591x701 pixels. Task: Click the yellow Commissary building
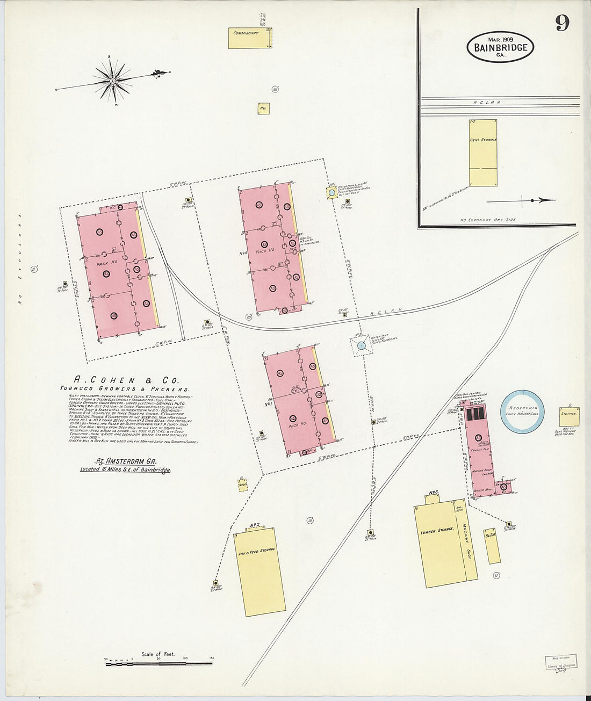[250, 38]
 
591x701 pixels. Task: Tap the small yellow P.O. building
[263, 109]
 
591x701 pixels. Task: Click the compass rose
[113, 81]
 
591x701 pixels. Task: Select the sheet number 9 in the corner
[563, 23]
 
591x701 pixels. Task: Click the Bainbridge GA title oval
[500, 47]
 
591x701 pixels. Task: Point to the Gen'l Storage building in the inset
[482, 152]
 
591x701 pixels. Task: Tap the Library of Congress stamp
[559, 663]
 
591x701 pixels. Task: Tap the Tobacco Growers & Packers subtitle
[125, 388]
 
